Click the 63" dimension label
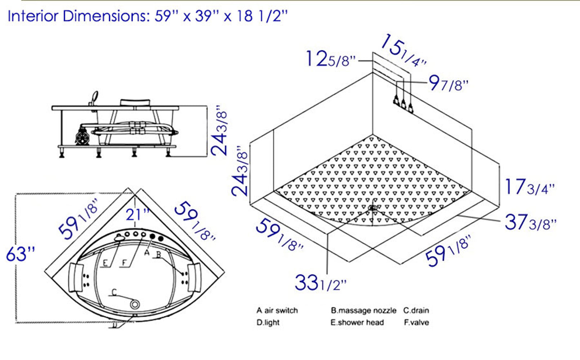[x=21, y=254]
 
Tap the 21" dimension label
[x=137, y=215]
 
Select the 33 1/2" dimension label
[x=320, y=283]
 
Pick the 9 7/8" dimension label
[x=448, y=84]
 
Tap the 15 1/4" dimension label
[x=403, y=51]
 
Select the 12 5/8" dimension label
[x=330, y=59]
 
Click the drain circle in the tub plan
[x=135, y=305]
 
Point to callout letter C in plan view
[x=114, y=292]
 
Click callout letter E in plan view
[x=105, y=263]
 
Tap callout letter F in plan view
[x=124, y=263]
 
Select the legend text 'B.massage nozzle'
[x=363, y=310]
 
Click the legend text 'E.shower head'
[x=357, y=323]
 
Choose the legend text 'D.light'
[x=268, y=323]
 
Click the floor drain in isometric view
[x=372, y=208]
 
